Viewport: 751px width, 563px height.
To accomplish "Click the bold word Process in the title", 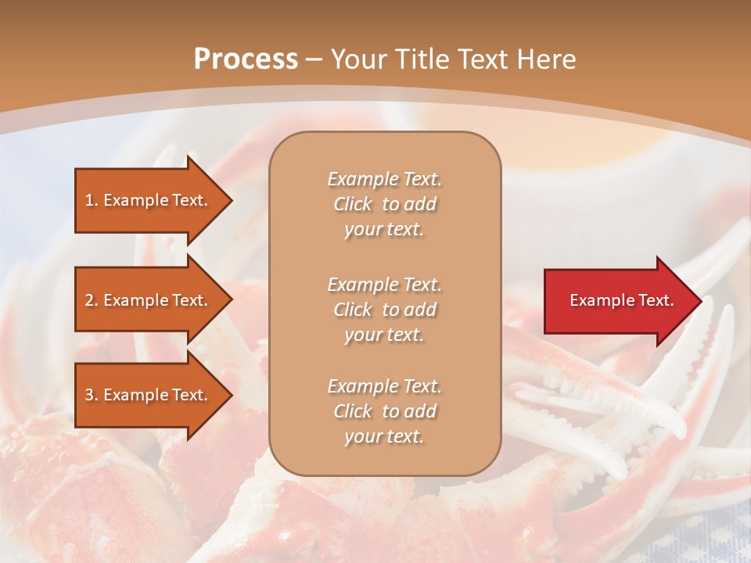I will tap(246, 59).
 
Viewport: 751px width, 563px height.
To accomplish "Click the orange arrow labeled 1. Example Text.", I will tap(149, 200).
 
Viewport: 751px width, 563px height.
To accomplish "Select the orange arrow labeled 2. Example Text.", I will tap(149, 300).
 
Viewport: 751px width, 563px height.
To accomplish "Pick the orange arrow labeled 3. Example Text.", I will tap(149, 395).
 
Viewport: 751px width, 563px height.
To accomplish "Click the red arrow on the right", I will tap(618, 301).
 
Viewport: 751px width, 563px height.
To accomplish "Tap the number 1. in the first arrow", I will tap(92, 200).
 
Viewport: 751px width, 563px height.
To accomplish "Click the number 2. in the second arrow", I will tap(92, 300).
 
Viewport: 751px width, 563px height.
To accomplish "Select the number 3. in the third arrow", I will tap(92, 395).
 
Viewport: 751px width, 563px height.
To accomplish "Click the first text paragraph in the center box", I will tap(384, 204).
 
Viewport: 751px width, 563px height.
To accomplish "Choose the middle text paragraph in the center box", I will tap(384, 310).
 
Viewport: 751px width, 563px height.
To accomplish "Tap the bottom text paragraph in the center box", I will tap(384, 411).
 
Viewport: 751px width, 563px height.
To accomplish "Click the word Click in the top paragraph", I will tap(353, 204).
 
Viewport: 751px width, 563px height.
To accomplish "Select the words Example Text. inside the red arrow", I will tap(621, 300).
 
